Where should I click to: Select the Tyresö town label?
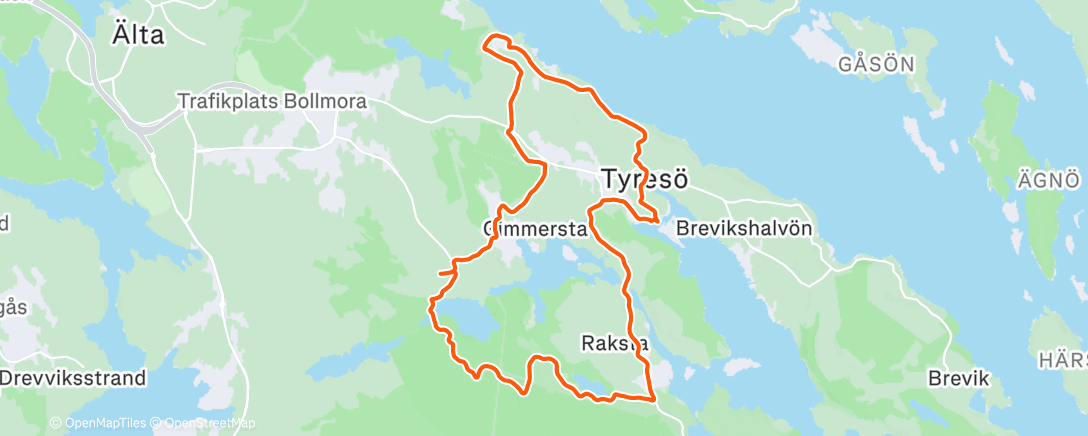(645, 179)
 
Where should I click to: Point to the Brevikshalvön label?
(743, 228)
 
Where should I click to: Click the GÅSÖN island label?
(877, 65)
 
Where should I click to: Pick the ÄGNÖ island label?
(1050, 180)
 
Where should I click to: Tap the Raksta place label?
(614, 343)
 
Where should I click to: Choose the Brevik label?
(958, 379)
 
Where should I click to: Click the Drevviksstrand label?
(73, 379)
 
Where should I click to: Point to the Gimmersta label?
(534, 228)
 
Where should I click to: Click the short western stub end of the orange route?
(441, 271)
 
